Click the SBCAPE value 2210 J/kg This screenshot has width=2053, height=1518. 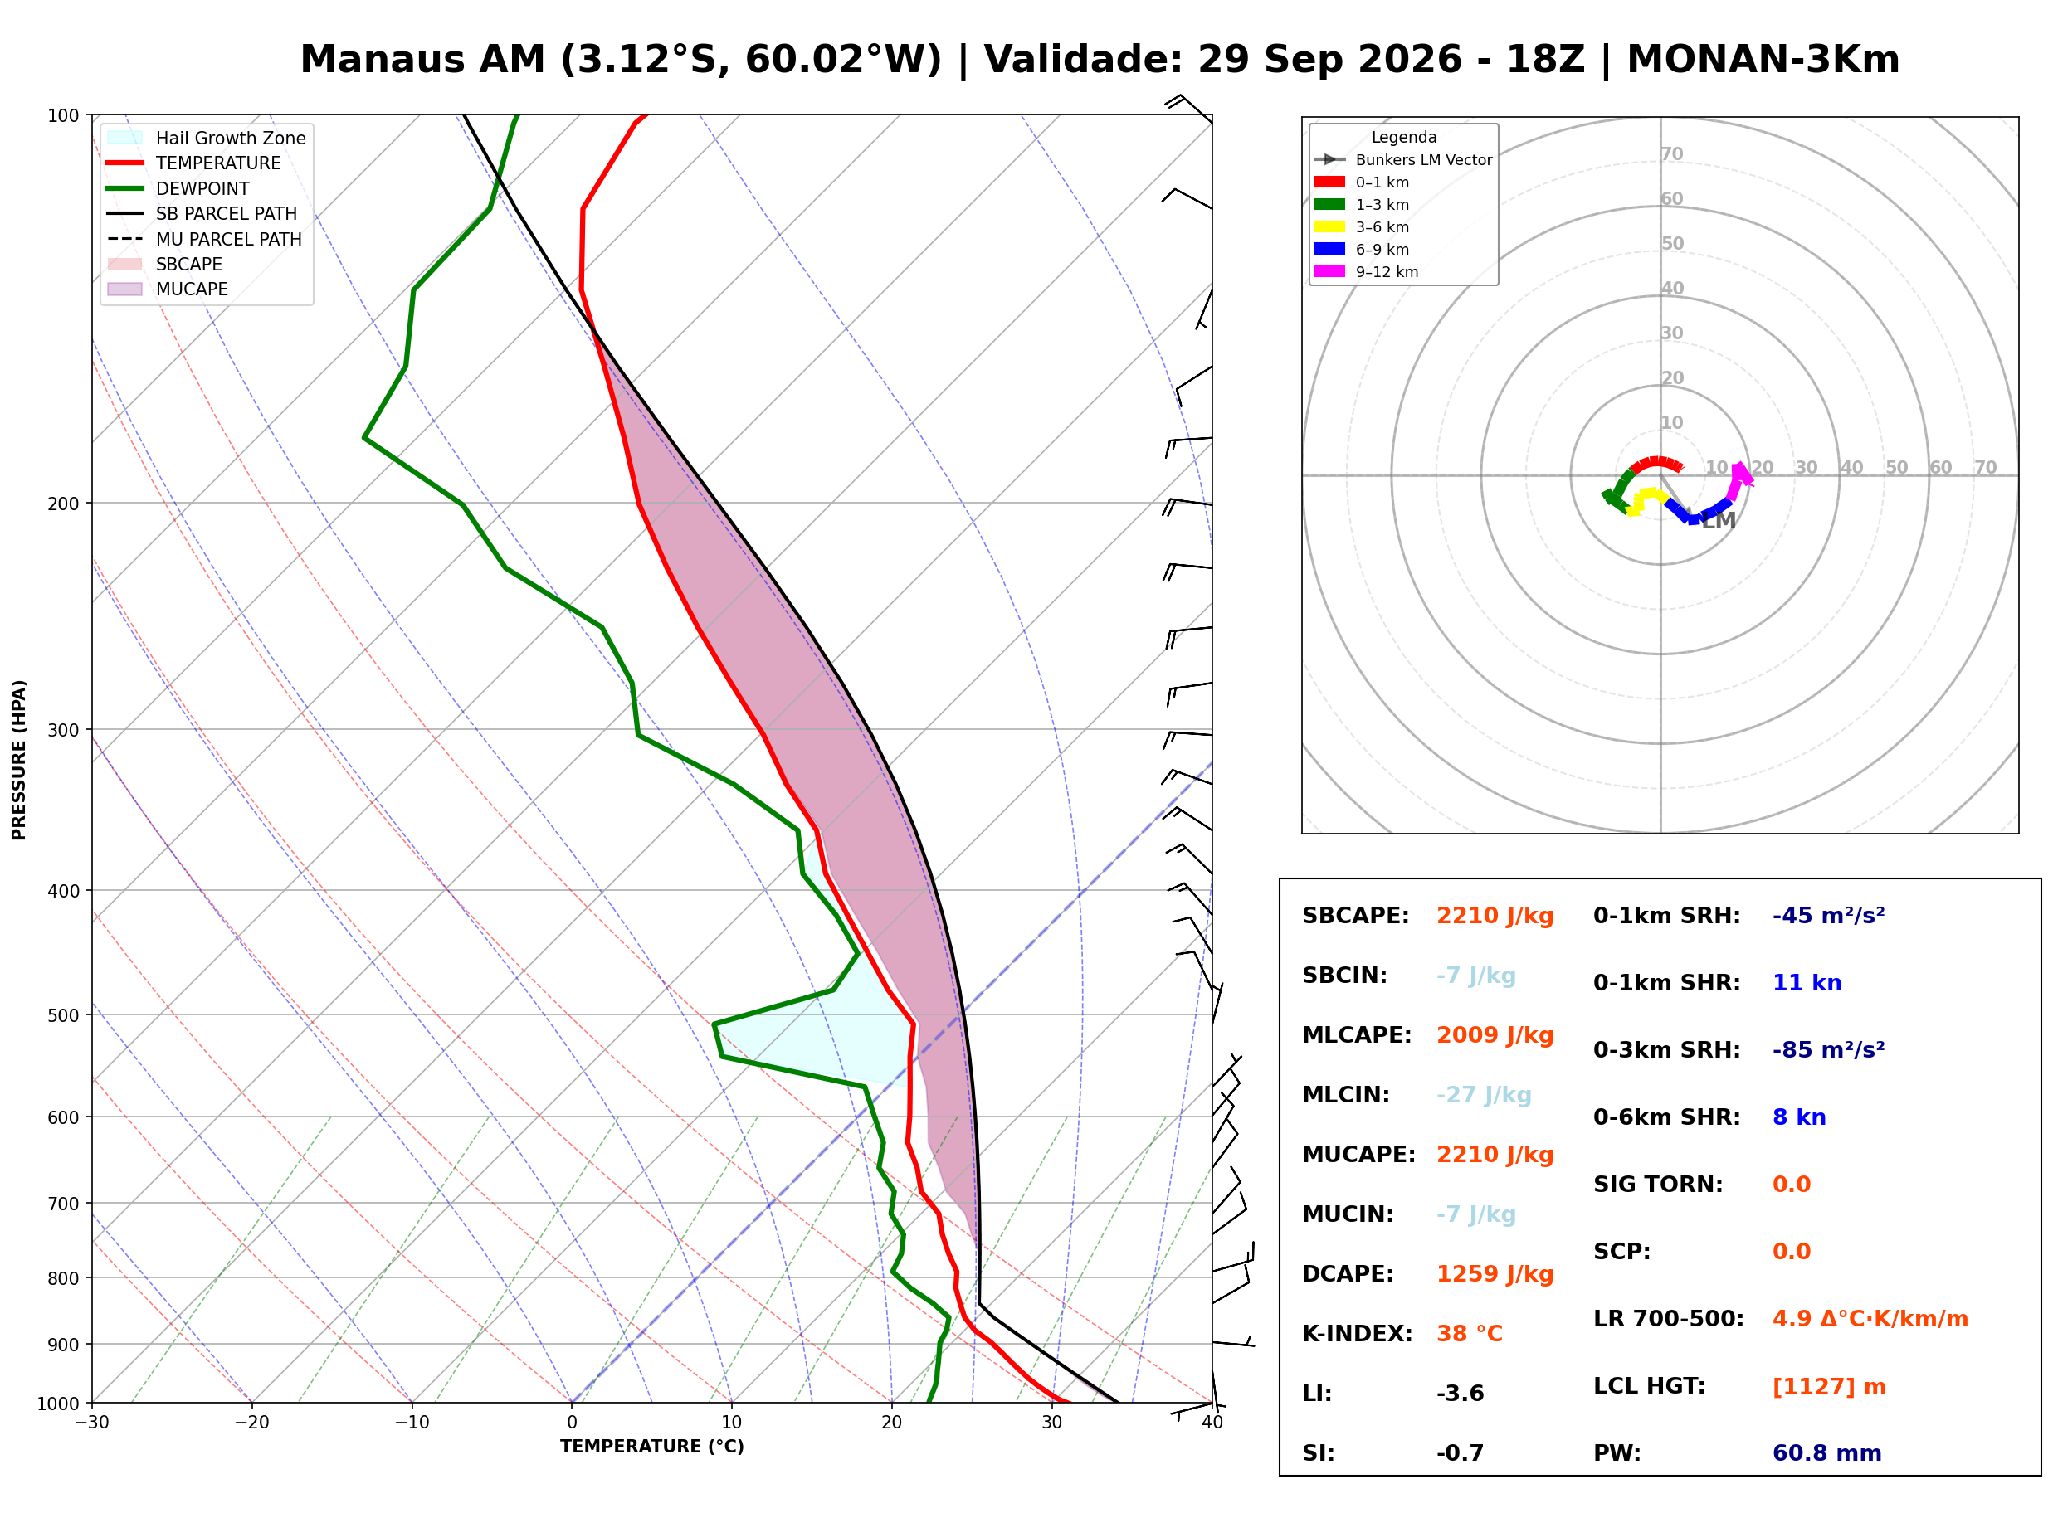tap(1495, 916)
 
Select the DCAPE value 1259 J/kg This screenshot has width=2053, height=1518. tap(1495, 1274)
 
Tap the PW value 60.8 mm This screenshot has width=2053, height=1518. tap(1827, 1453)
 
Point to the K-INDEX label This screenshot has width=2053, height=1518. tap(1358, 1334)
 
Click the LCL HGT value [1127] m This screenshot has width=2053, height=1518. tap(1829, 1387)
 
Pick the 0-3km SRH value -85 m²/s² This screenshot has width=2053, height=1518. tap(1829, 1050)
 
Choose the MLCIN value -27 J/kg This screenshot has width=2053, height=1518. tap(1485, 1095)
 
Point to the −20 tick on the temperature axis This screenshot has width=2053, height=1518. tap(251, 1423)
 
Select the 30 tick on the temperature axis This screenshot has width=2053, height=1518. tap(1052, 1423)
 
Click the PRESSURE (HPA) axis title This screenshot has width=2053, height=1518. tap(19, 760)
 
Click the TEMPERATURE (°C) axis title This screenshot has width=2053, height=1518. tap(652, 1447)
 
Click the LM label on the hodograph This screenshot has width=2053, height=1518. tap(1719, 522)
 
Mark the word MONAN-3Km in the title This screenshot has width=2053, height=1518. tap(1763, 60)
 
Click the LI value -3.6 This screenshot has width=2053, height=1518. tap(1461, 1394)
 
